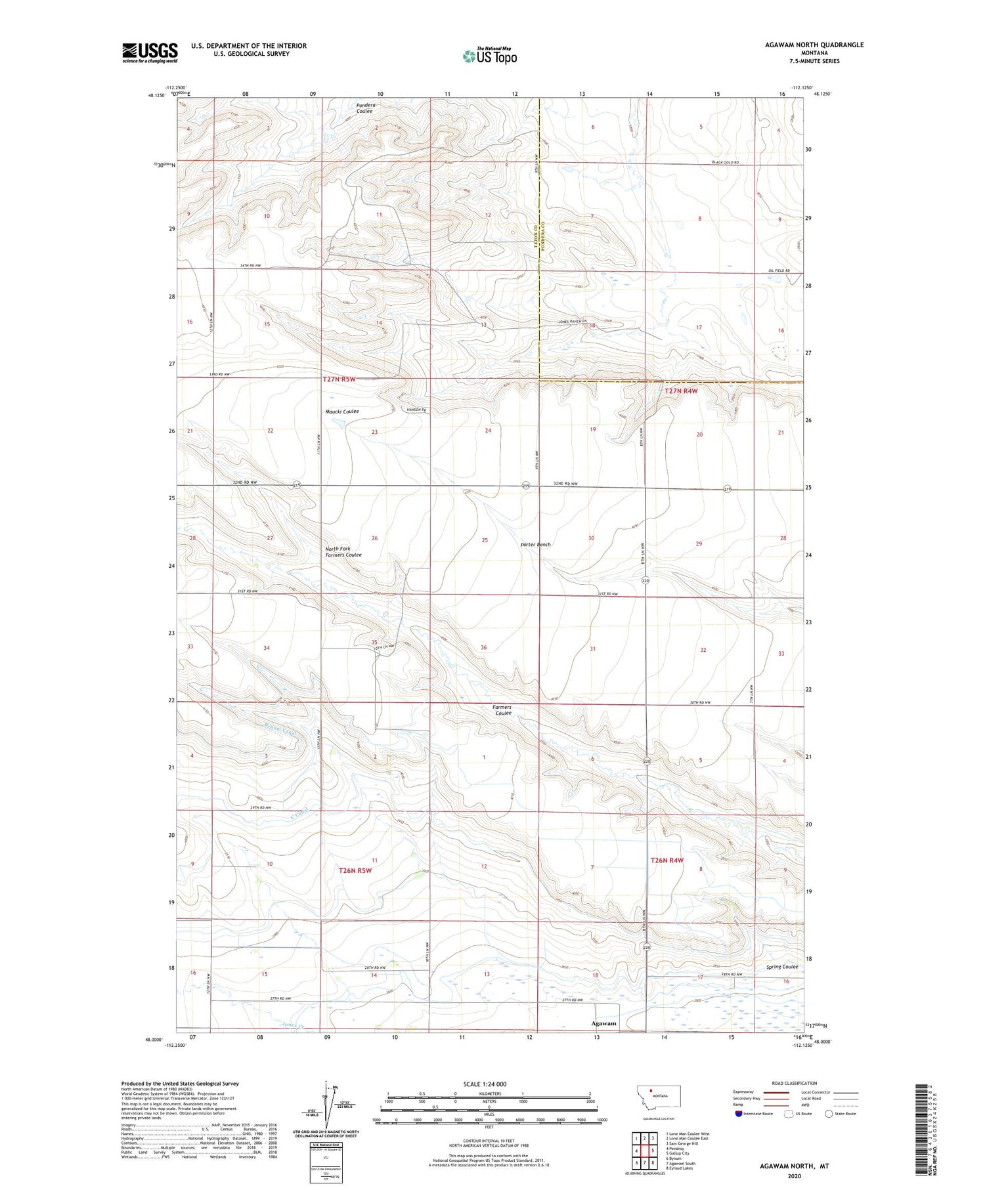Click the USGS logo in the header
pos(150,53)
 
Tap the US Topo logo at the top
pos(489,56)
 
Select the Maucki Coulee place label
pos(342,412)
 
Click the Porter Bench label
pos(535,544)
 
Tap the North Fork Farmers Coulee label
pos(343,551)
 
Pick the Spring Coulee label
pos(781,966)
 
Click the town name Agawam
pos(603,1023)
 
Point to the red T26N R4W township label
pos(667,860)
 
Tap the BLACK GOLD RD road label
pos(725,163)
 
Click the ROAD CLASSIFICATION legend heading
pos(794,1083)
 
